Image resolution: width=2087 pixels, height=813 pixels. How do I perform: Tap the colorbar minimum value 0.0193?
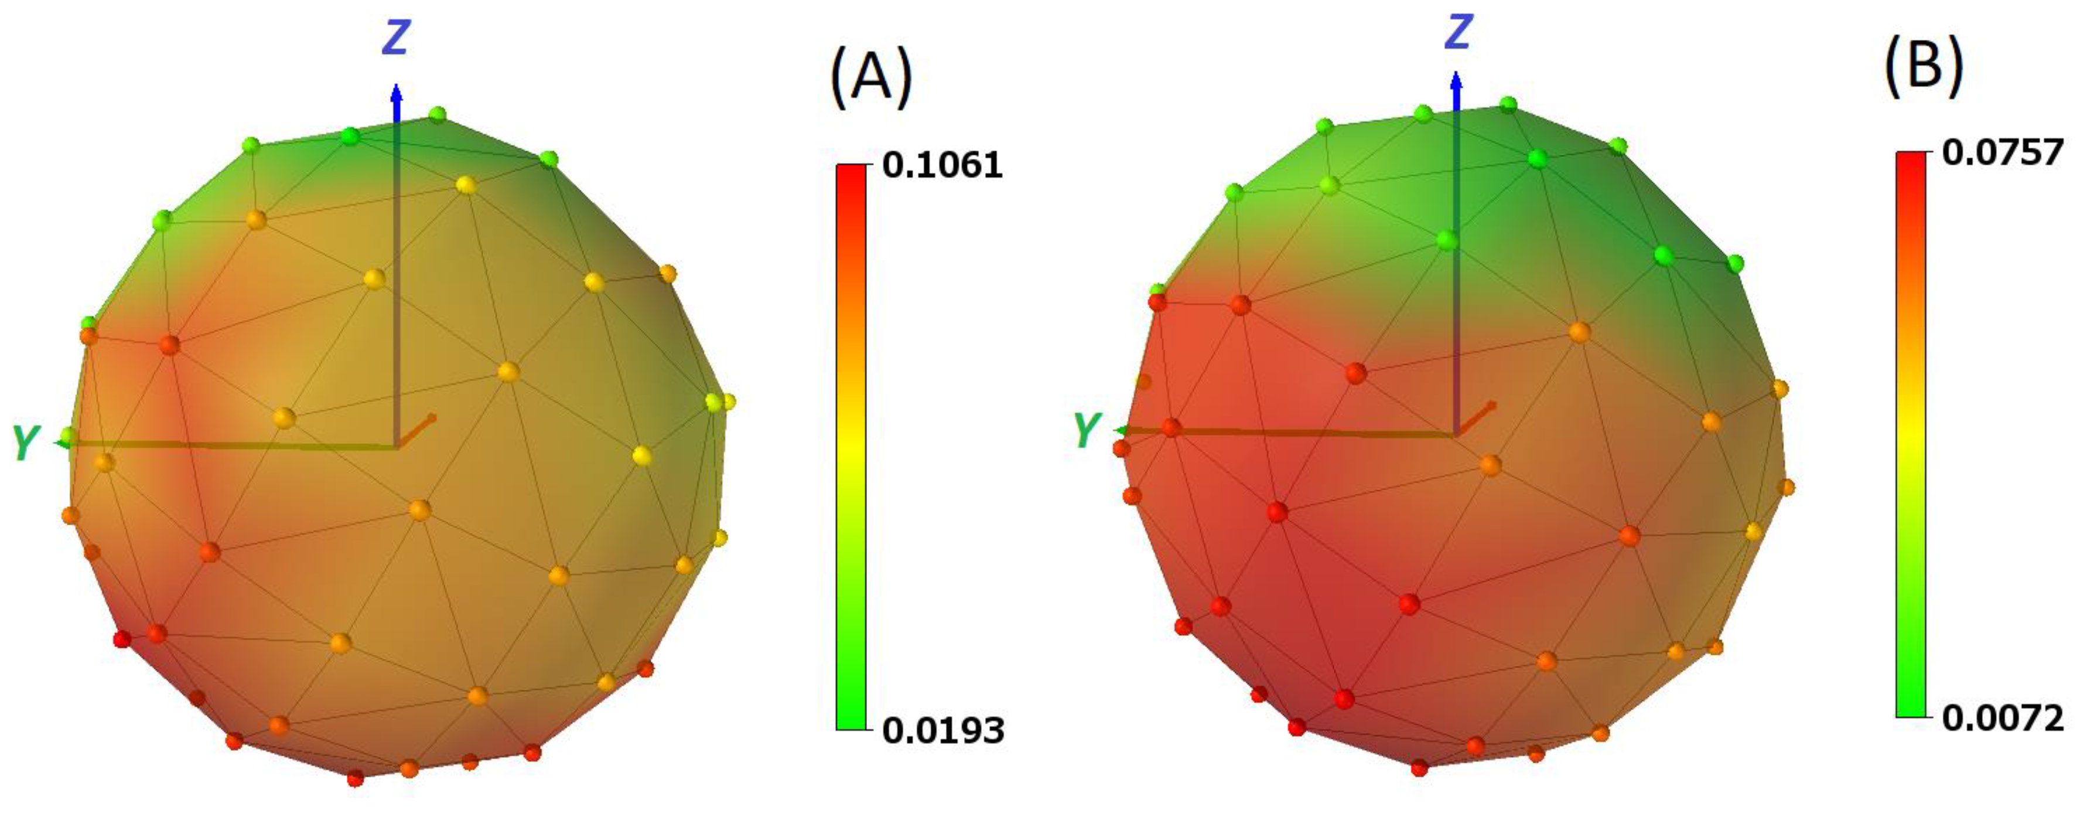point(942,730)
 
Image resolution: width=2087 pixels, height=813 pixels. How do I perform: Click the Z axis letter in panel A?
point(396,38)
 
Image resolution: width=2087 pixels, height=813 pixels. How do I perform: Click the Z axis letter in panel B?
point(1458,32)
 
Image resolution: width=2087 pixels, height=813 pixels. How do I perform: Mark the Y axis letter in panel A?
point(26,443)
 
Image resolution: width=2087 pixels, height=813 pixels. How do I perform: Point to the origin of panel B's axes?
point(1457,434)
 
